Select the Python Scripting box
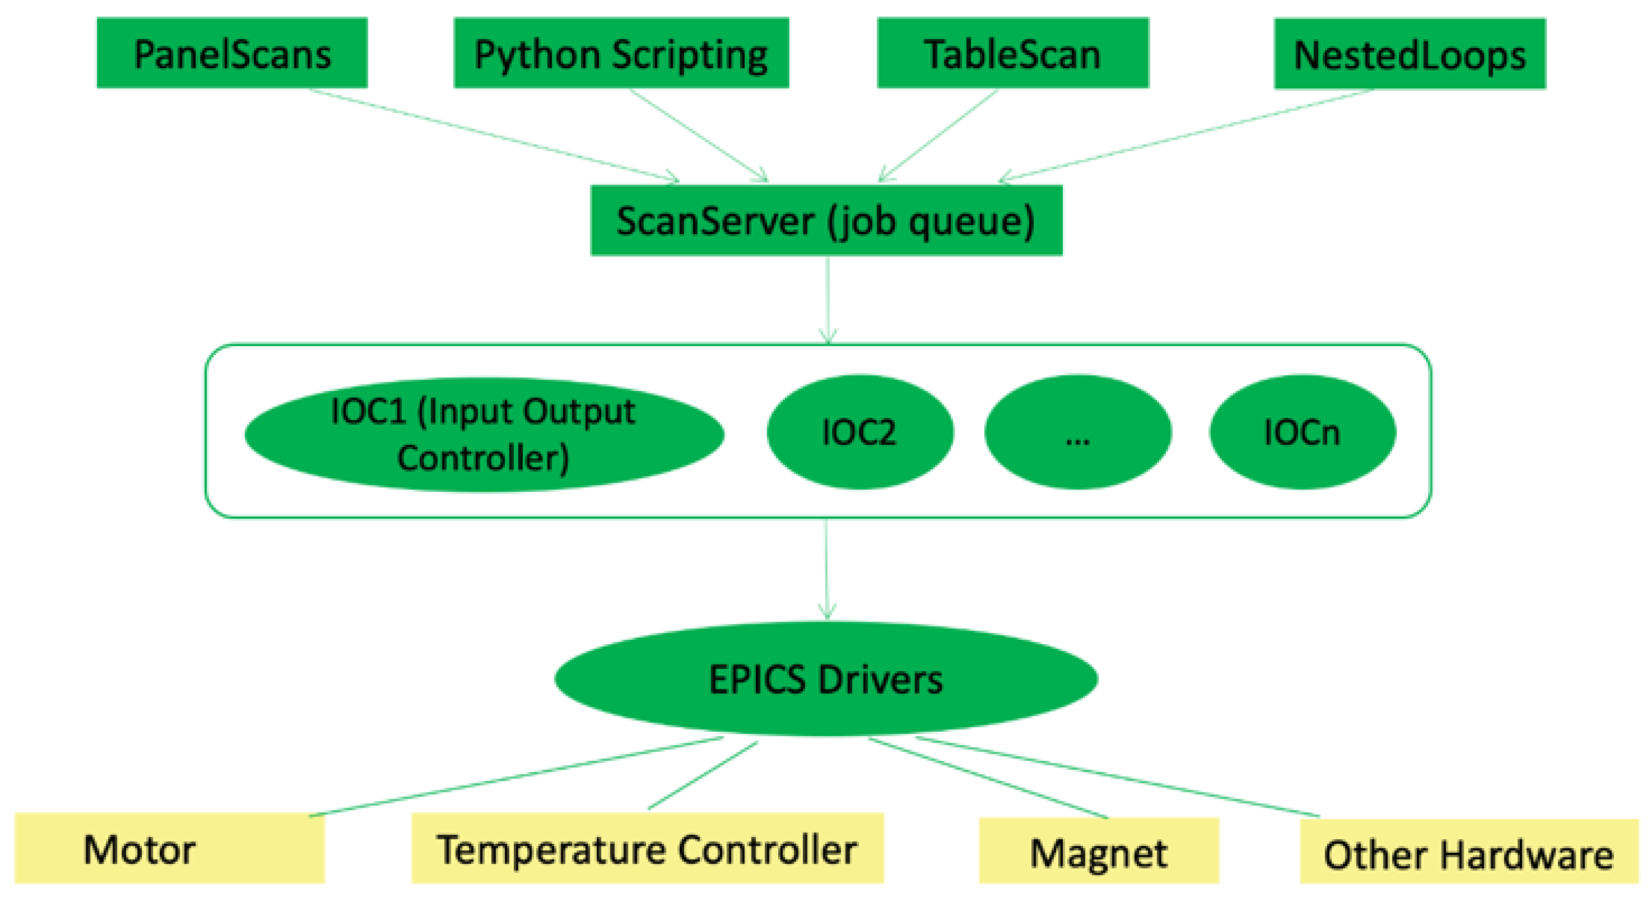pos(621,53)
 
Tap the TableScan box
pos(1013,53)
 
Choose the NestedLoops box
pos(1410,54)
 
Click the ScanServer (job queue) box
pos(826,221)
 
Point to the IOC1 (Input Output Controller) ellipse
pos(484,435)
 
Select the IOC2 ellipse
pos(859,432)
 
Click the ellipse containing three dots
pos(1077,432)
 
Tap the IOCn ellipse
pos(1302,432)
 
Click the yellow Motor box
pos(169,848)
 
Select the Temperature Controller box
pos(647,848)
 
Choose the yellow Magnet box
pos(1098,851)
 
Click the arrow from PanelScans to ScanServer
pos(494,135)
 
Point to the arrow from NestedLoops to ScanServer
pos(1186,135)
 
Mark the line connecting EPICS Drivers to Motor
pos(516,777)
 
